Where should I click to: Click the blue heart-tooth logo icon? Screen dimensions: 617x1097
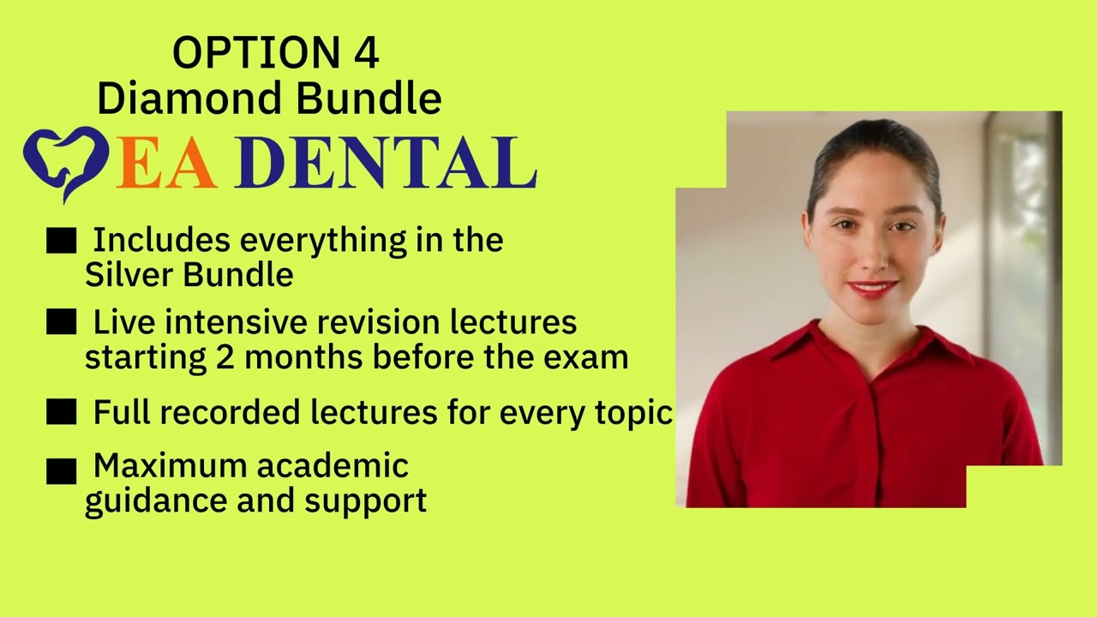[64, 161]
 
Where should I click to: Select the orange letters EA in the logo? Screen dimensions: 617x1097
[166, 163]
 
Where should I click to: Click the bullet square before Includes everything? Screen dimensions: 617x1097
[61, 242]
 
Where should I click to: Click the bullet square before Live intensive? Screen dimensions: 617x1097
[61, 323]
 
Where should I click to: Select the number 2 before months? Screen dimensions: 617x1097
[225, 357]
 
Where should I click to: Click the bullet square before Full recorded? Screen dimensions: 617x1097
[61, 413]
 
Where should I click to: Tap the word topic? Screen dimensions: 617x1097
[633, 413]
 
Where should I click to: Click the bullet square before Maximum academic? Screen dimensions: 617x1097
[61, 470]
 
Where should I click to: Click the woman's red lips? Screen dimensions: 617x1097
[872, 288]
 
